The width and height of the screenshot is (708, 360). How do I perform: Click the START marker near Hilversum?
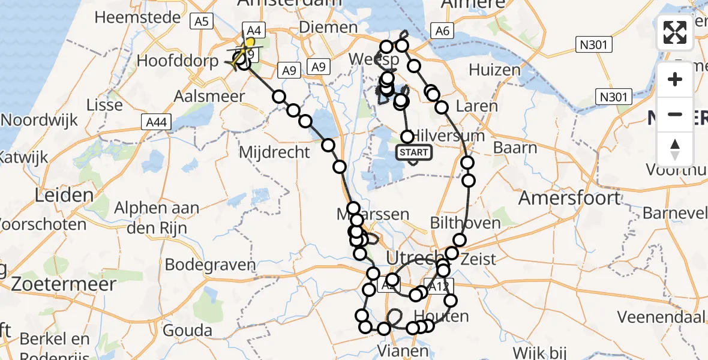(414, 152)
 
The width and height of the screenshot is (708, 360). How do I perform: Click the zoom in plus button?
(675, 79)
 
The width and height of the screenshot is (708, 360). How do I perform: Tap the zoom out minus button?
(675, 114)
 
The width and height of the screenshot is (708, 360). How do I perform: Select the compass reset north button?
(675, 149)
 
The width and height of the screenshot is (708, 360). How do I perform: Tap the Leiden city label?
(64, 194)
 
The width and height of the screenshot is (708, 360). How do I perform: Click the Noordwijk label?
(40, 119)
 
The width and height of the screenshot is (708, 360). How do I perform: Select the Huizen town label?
(495, 70)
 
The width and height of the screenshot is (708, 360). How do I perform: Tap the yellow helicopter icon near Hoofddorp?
(240, 57)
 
